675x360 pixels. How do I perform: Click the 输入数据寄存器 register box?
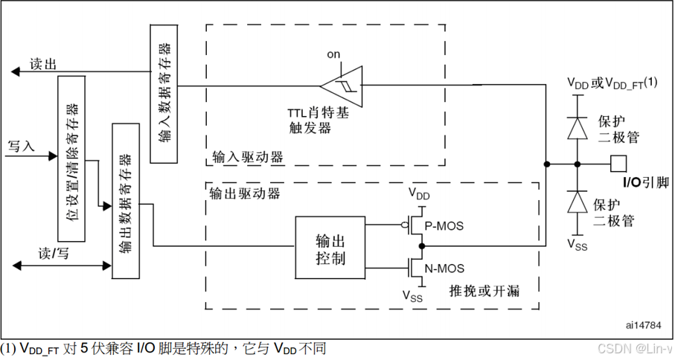[164, 93]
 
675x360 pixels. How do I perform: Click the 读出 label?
[43, 64]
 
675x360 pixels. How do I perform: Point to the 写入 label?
[21, 145]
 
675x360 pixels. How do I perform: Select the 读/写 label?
[54, 251]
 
